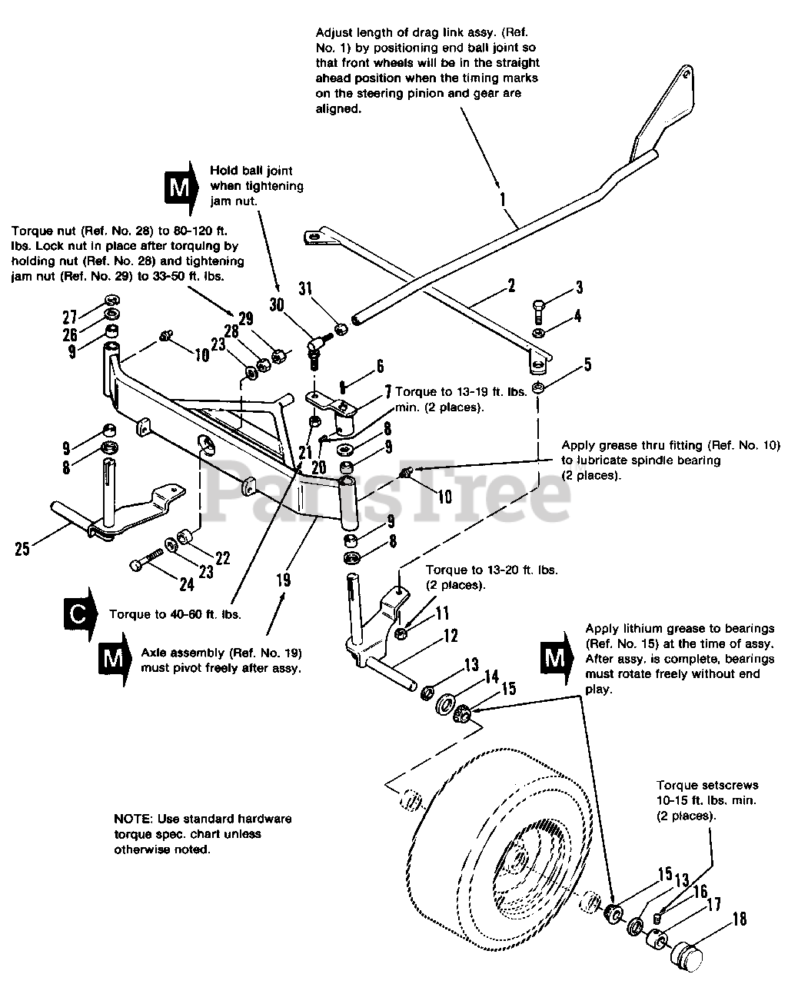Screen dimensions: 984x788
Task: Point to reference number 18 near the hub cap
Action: point(739,919)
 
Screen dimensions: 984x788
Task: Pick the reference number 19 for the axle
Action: point(284,579)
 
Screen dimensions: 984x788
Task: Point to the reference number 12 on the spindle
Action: point(450,636)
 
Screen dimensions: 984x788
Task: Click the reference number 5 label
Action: point(587,364)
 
